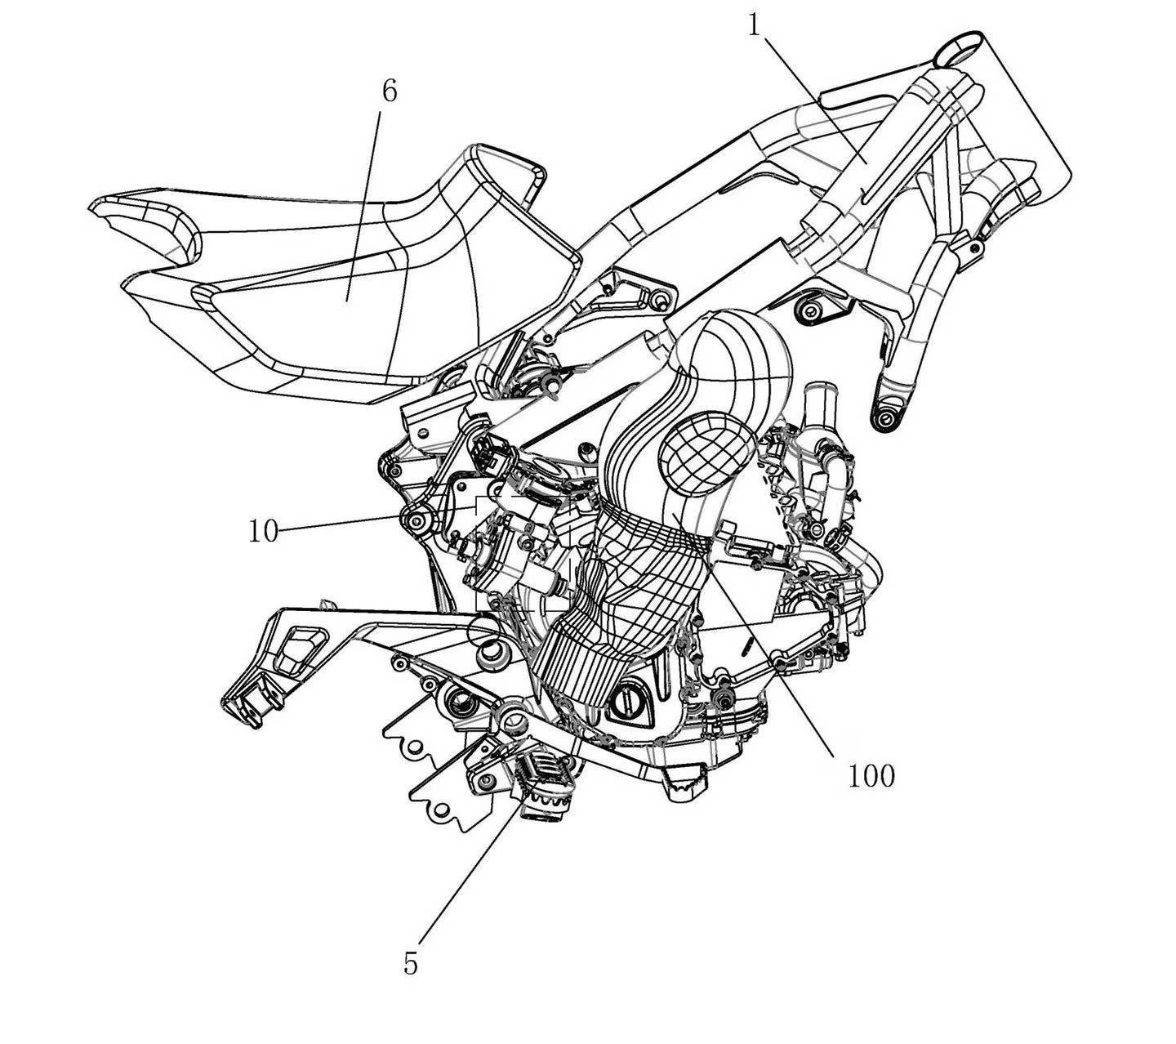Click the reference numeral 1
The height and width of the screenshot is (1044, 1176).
click(x=754, y=25)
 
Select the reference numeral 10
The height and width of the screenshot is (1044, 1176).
click(x=264, y=530)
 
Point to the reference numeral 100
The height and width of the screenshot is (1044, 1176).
click(x=871, y=776)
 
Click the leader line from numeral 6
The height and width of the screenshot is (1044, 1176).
click(x=363, y=205)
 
